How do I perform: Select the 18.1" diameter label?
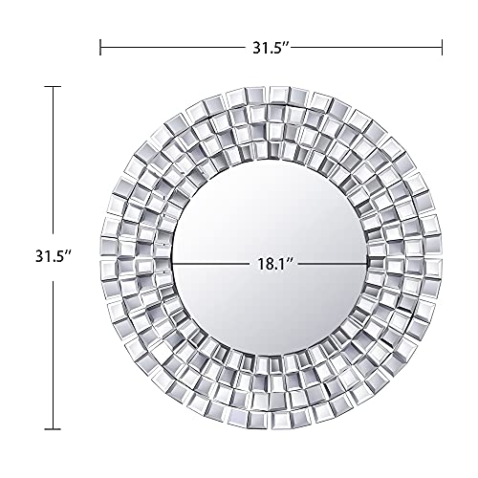(271, 259)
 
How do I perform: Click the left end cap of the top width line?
(100, 45)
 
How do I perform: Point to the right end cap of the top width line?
(442, 45)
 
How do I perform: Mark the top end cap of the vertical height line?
(53, 87)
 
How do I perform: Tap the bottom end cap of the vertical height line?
(53, 427)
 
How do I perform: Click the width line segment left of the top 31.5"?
(172, 45)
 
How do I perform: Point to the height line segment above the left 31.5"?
(53, 163)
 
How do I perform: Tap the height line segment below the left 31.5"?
(53, 354)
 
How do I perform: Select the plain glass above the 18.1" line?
(271, 206)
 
